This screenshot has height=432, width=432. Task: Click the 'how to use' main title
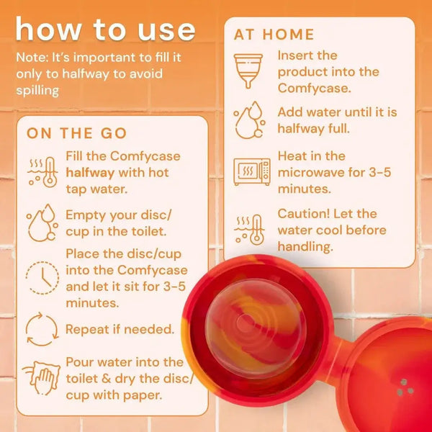[x=105, y=30]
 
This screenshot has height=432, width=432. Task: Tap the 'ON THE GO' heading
[x=77, y=133]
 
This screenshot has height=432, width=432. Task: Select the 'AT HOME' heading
[x=274, y=34]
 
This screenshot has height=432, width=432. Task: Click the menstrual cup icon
[x=251, y=71]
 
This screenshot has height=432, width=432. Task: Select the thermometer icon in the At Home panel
[x=251, y=229]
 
